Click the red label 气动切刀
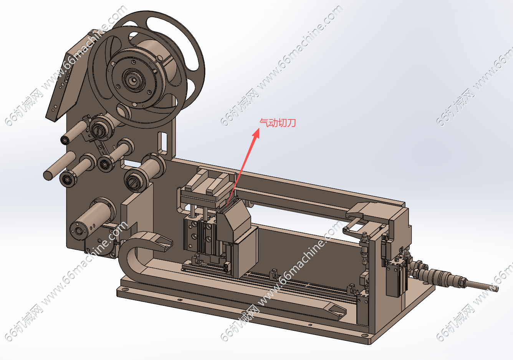tap(278, 123)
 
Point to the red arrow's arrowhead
tap(256, 133)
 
